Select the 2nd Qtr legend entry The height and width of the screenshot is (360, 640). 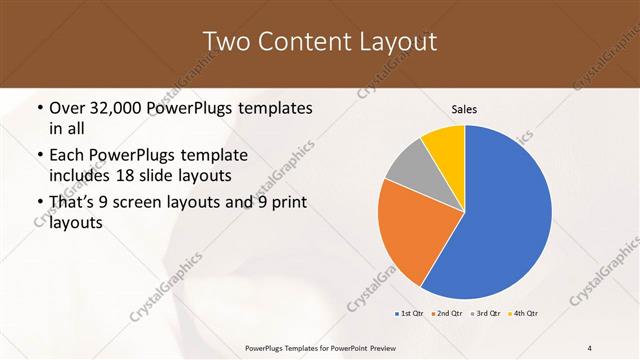(x=446, y=314)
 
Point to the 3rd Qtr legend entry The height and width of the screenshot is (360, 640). (x=485, y=314)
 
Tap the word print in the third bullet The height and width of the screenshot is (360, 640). (x=286, y=202)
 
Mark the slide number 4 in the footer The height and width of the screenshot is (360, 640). (x=589, y=347)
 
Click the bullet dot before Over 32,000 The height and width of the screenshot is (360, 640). (x=39, y=108)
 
